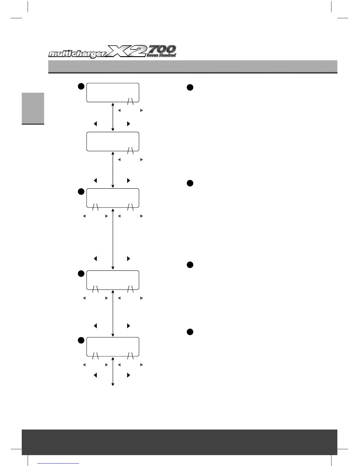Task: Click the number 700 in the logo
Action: [162, 49]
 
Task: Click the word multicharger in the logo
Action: [78, 54]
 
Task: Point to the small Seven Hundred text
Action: [161, 55]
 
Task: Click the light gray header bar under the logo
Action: [193, 66]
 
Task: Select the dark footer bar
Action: [179, 442]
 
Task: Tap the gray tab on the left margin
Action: [33, 108]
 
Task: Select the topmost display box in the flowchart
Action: [113, 92]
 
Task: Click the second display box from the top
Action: [113, 142]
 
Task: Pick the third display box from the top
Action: [113, 198]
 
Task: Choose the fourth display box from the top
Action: [113, 280]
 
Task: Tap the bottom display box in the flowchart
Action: [113, 347]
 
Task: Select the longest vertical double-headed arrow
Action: [113, 239]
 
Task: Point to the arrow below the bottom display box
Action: [113, 371]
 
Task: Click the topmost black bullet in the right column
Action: [190, 87]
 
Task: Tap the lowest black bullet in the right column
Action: [190, 332]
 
